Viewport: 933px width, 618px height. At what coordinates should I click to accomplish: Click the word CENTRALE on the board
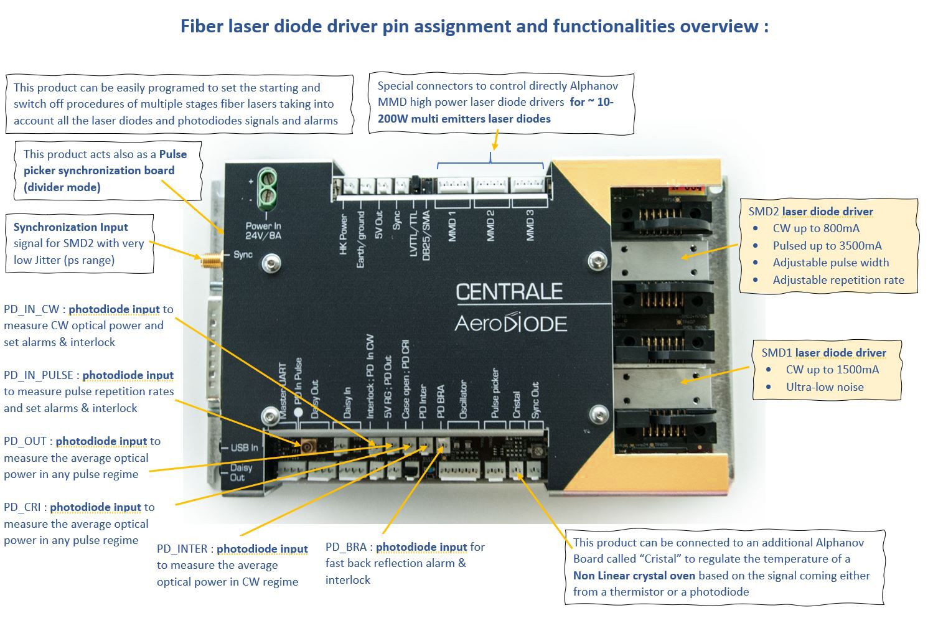pyautogui.click(x=509, y=292)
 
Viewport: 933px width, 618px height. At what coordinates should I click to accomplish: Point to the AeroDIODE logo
pyautogui.click(x=510, y=322)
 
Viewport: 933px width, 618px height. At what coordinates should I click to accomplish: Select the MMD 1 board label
pyautogui.click(x=453, y=226)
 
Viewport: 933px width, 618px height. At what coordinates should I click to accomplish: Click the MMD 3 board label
pyautogui.click(x=530, y=226)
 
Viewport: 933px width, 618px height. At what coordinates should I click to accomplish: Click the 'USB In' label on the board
pyautogui.click(x=244, y=447)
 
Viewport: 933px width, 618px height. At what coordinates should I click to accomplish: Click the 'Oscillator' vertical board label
pyautogui.click(x=462, y=399)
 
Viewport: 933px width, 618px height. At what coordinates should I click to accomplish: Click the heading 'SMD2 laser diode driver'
pyautogui.click(x=810, y=212)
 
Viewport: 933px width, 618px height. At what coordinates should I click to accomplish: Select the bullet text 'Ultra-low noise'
pyautogui.click(x=825, y=386)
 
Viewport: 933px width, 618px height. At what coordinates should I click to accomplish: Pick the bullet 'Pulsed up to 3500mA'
pyautogui.click(x=827, y=245)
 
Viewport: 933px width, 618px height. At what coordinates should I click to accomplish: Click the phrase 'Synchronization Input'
pyautogui.click(x=71, y=227)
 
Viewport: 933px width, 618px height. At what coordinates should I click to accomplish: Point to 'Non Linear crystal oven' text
pyautogui.click(x=642, y=575)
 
